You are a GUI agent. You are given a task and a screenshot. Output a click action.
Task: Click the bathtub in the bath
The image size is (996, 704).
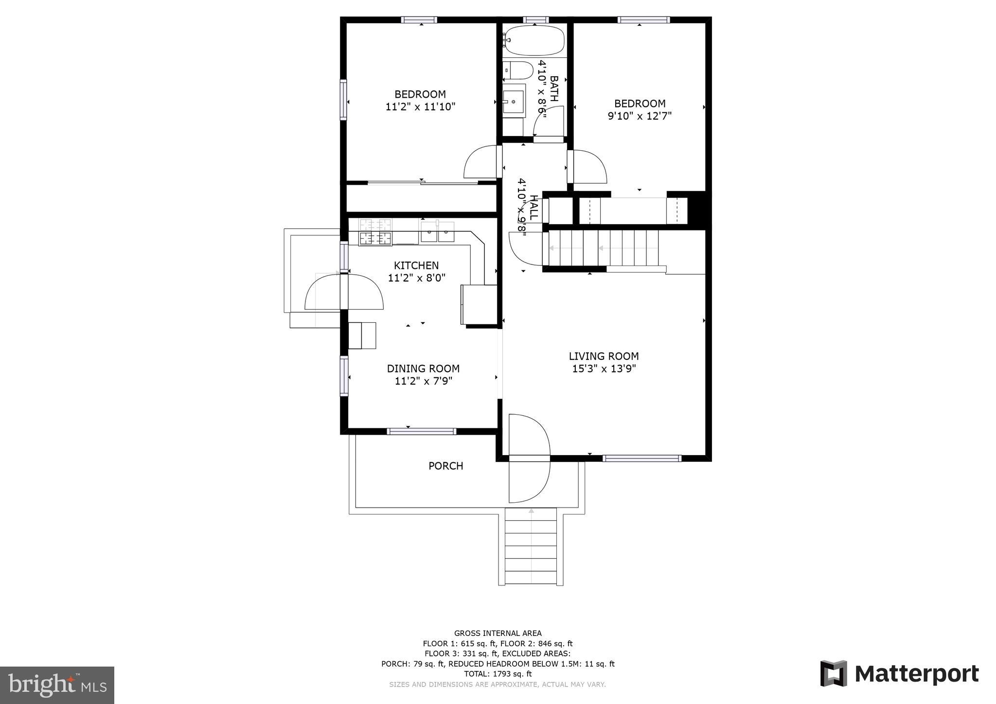click(x=534, y=41)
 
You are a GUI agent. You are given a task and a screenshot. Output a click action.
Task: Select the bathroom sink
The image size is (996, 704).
click(x=514, y=101)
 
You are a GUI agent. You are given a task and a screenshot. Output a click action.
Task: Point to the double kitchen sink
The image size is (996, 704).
click(x=437, y=232)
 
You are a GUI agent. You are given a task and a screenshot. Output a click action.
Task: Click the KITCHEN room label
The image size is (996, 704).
click(x=416, y=265)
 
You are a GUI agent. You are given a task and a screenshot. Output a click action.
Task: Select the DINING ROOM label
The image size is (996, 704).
click(x=423, y=369)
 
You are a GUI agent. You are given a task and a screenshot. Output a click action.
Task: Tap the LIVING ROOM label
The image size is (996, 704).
click(x=604, y=356)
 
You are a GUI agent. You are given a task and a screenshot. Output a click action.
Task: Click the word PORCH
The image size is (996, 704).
click(x=445, y=466)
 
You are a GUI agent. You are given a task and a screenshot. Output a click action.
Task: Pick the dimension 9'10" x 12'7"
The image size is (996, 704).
click(x=640, y=116)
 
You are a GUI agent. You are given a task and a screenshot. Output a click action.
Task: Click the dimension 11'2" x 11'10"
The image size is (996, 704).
click(x=420, y=107)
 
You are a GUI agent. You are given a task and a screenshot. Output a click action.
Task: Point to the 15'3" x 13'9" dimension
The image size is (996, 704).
click(x=604, y=369)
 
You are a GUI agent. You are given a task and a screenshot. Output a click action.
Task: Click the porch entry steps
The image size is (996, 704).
click(x=531, y=546)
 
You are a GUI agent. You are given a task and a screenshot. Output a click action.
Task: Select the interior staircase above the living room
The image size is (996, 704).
click(x=603, y=248)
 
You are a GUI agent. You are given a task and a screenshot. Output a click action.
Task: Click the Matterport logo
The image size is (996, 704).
click(x=899, y=673)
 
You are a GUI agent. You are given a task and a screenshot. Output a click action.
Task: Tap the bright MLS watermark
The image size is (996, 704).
click(x=57, y=685)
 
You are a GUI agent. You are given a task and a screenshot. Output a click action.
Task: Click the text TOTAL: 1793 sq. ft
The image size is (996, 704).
click(x=498, y=674)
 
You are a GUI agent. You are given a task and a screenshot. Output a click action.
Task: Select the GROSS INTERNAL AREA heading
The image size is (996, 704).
click(x=498, y=633)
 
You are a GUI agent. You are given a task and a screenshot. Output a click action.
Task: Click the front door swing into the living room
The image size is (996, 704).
click(x=529, y=435)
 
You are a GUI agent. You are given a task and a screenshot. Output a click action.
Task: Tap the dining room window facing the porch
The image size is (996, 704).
click(x=421, y=431)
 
